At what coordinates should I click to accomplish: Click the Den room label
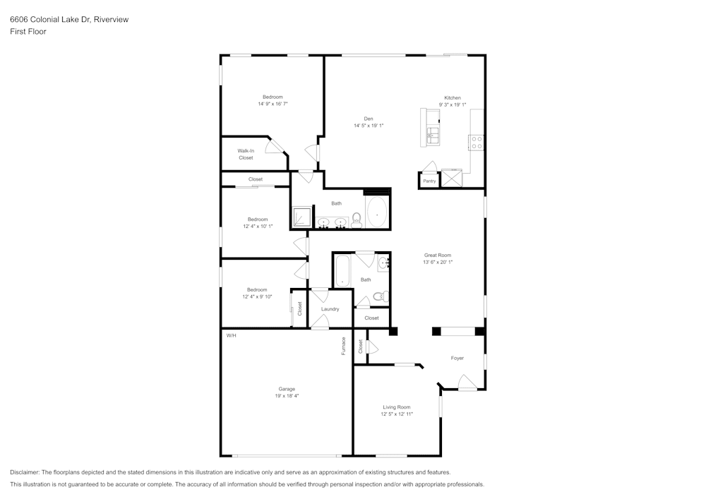[x=369, y=119]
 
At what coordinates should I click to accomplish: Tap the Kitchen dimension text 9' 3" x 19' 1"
[x=453, y=104]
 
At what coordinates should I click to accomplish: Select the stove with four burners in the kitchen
[x=477, y=143]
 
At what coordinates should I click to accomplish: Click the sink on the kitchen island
[x=433, y=134]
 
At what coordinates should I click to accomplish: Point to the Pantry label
[x=429, y=181]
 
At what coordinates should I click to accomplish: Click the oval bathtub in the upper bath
[x=376, y=212]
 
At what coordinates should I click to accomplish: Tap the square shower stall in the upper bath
[x=301, y=217]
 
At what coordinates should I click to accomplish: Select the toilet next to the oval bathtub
[x=357, y=221]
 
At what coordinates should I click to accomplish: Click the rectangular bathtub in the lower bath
[x=342, y=271]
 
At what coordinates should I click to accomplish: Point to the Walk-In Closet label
[x=246, y=154]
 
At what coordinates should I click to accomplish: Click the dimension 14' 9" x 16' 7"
[x=273, y=104]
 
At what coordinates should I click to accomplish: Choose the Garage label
[x=287, y=389]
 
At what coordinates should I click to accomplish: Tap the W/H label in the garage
[x=231, y=335]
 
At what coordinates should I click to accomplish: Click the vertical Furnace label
[x=344, y=345]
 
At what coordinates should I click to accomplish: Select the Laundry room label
[x=330, y=309]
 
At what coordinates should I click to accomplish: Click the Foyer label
[x=457, y=359]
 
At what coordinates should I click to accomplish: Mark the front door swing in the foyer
[x=467, y=383]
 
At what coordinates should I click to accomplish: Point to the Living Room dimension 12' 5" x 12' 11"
[x=397, y=414]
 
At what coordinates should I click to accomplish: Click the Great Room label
[x=438, y=255]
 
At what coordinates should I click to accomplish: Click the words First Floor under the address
[x=28, y=32]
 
